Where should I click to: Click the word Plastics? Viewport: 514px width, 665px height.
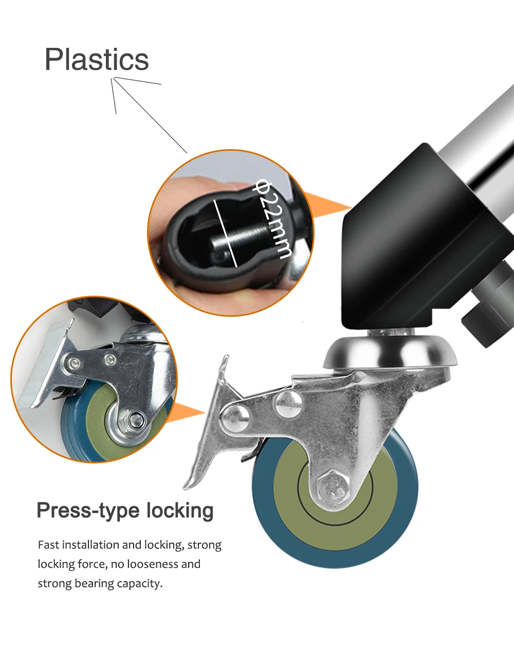[97, 60]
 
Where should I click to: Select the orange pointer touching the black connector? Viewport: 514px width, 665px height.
[329, 206]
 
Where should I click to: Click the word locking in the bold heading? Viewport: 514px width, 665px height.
[180, 511]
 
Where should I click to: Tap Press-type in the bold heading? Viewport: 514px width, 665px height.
[88, 511]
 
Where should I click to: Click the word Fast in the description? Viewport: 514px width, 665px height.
[48, 545]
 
